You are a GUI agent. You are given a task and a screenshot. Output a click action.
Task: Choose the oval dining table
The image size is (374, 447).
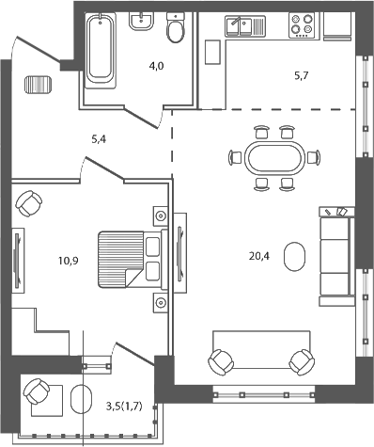[274, 157]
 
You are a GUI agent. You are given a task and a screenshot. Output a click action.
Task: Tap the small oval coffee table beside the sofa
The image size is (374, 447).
[294, 255]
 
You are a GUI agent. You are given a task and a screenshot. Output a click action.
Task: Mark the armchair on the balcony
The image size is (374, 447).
[38, 392]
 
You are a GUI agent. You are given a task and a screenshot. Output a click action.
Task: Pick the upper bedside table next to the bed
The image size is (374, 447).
[161, 216]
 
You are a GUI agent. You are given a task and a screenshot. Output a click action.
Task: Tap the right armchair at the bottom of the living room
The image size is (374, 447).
[301, 360]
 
